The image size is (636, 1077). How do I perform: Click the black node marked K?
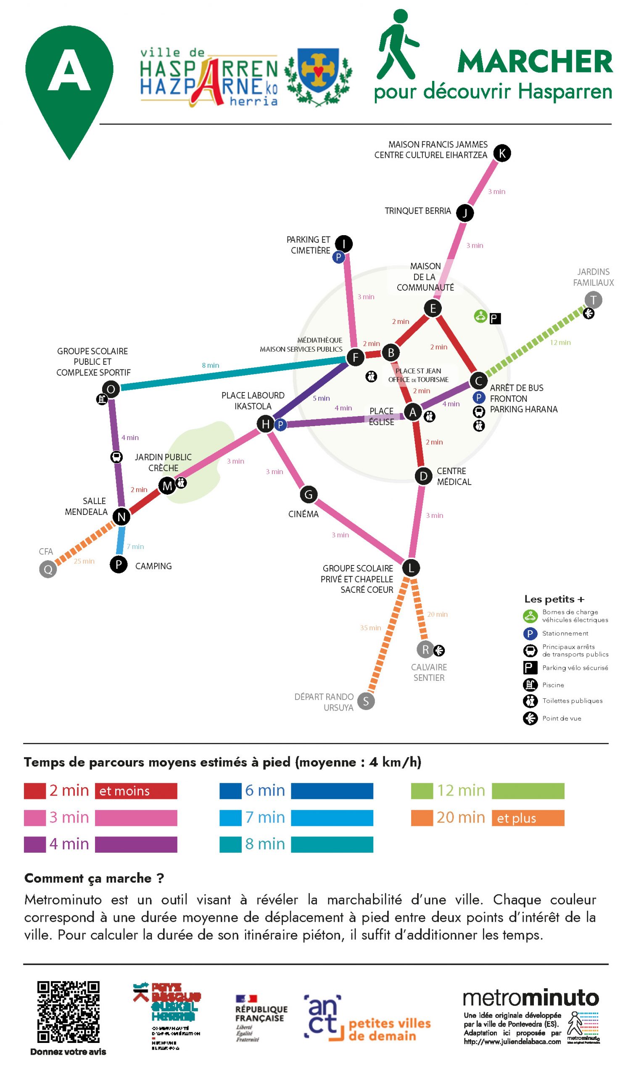tap(502, 153)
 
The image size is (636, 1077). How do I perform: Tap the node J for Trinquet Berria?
tap(464, 213)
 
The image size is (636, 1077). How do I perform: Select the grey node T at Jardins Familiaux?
tap(593, 300)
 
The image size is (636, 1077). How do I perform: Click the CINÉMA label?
tap(303, 514)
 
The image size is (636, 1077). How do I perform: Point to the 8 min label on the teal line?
tap(211, 366)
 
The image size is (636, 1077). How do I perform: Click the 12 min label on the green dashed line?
tap(560, 343)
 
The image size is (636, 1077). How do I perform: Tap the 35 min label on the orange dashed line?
tap(370, 628)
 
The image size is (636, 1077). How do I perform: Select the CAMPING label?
tap(153, 566)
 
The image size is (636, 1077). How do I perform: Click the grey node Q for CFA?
tap(48, 569)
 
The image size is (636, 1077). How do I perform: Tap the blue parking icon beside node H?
tap(280, 425)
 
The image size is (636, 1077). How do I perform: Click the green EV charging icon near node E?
tap(480, 316)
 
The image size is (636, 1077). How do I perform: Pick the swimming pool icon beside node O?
tap(102, 400)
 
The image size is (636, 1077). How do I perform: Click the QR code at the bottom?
tap(69, 1012)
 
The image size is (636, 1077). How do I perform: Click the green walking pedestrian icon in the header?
tap(396, 45)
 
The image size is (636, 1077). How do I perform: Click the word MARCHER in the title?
tap(535, 62)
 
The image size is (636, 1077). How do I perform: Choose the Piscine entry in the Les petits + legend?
tap(553, 685)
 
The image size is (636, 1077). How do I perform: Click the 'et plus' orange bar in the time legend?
tap(528, 818)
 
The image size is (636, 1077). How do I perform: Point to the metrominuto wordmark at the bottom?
tap(530, 998)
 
